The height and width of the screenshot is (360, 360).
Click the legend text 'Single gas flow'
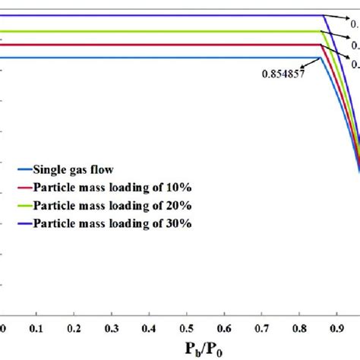(74, 170)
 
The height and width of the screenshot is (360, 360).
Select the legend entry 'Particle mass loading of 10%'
(110, 188)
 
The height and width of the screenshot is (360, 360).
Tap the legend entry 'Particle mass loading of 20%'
(110, 205)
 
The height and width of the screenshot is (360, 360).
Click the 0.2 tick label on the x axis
(74, 327)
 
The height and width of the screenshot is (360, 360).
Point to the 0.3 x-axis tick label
(112, 327)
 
